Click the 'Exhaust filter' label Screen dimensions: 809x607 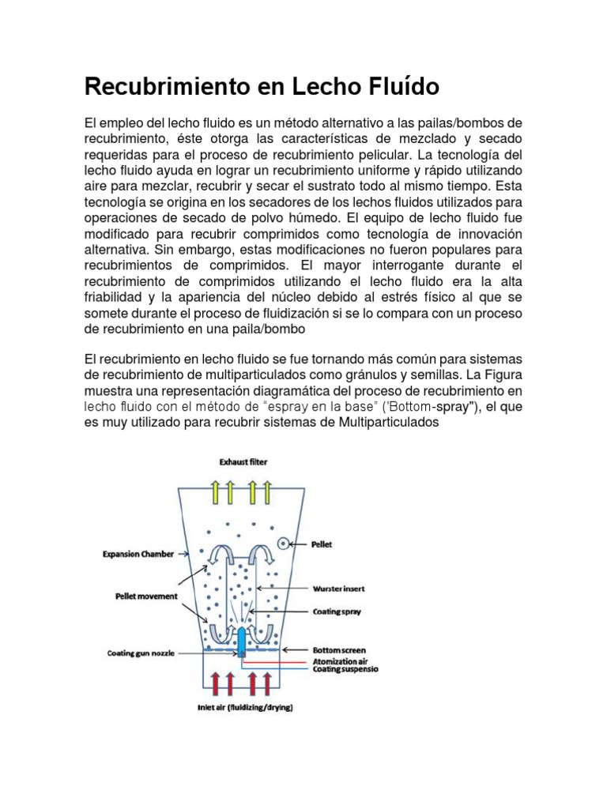(x=242, y=461)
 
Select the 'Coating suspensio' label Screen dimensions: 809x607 (x=346, y=669)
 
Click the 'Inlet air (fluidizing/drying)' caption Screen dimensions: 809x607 (x=244, y=708)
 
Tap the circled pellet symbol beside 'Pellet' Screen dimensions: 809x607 (x=283, y=544)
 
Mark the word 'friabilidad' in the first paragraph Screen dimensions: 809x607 (x=115, y=297)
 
